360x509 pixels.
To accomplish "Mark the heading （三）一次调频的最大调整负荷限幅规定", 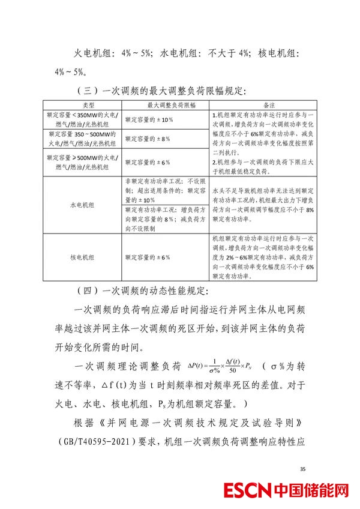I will click(x=161, y=91).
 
